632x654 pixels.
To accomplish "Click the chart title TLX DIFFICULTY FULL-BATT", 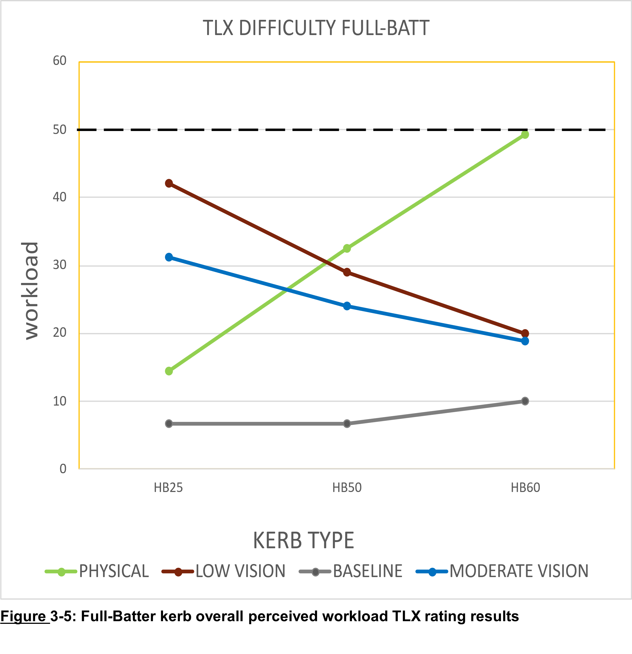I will point(316,28).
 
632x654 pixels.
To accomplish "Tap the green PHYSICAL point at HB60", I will point(525,135).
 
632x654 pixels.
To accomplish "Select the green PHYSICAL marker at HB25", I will point(169,371).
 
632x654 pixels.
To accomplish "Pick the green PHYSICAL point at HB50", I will point(347,248).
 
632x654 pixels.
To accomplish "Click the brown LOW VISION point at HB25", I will point(169,183).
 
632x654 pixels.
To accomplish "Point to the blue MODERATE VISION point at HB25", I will point(169,257).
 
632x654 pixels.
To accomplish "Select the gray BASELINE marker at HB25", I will point(169,424).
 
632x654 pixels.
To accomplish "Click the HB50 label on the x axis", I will point(347,488).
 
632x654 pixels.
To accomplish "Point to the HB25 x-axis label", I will point(168,488).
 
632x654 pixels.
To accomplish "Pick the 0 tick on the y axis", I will point(63,469).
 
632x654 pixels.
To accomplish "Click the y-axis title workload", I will point(31,291).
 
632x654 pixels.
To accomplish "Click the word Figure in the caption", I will point(23,616).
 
